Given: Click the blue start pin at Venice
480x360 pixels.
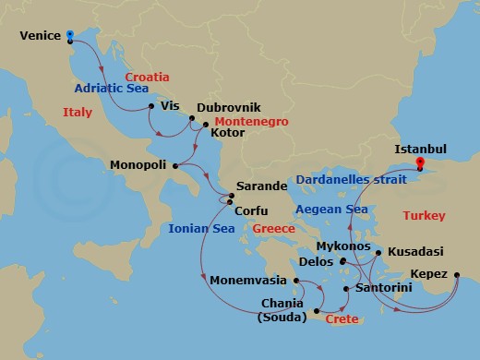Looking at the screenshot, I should (x=70, y=35).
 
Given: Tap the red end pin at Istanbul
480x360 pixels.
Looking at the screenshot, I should (x=419, y=163).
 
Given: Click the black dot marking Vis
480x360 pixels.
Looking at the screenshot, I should (x=150, y=107).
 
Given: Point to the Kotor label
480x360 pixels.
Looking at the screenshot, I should (x=228, y=133).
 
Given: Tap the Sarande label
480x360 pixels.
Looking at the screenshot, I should (x=262, y=186).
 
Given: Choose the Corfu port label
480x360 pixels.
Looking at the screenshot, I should (x=251, y=210).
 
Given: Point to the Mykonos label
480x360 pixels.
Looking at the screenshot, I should (x=342, y=247).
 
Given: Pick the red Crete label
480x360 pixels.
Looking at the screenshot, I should (x=342, y=318).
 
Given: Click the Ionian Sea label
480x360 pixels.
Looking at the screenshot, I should (x=202, y=229).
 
